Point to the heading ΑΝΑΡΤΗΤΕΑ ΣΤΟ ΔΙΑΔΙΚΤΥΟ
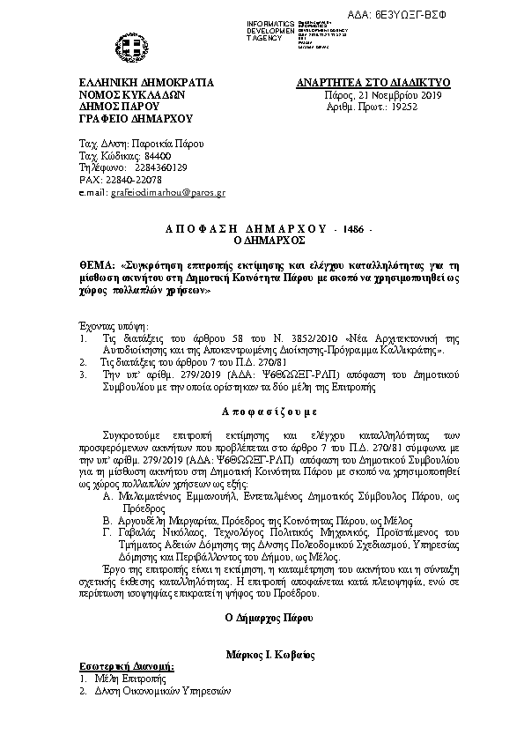pos(373,83)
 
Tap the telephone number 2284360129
pos(160,167)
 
